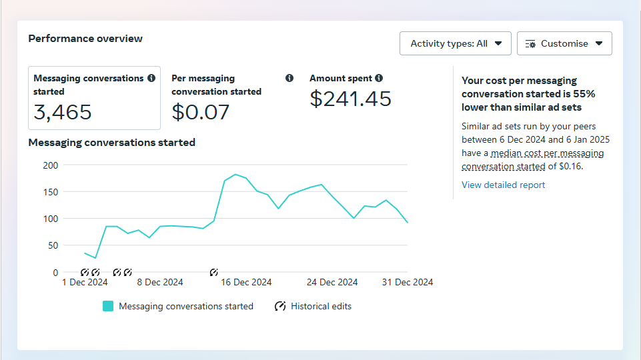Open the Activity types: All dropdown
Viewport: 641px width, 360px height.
(455, 43)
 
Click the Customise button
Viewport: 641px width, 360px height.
(564, 43)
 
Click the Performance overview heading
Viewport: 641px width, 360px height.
(85, 39)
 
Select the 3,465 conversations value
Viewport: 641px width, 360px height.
(63, 112)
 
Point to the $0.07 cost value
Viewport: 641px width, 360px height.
(200, 112)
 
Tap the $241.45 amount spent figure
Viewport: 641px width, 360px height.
(350, 99)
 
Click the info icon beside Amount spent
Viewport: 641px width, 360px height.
(379, 78)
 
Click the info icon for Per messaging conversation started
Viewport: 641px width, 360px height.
(289, 78)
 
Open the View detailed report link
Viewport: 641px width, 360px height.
(503, 185)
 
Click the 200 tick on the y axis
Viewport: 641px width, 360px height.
(51, 165)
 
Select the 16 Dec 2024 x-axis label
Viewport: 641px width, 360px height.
(246, 282)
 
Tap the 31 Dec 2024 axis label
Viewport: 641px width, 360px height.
(408, 282)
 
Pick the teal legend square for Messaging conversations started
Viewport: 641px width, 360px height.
(108, 306)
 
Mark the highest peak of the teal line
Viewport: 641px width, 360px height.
(235, 175)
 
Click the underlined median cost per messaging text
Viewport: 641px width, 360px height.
(547, 153)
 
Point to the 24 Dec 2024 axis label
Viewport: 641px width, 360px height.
(332, 282)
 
